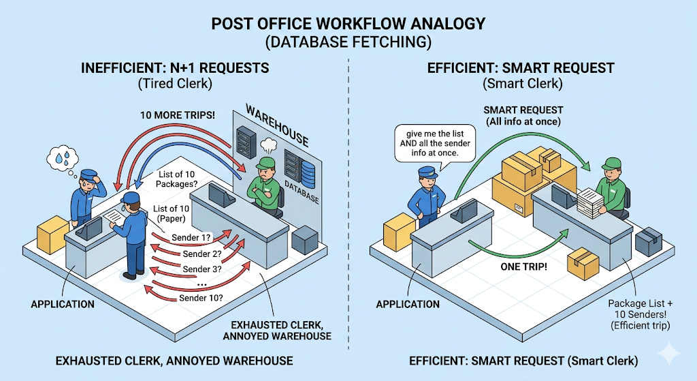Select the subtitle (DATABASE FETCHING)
pos(348,42)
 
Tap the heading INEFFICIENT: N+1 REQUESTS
pos(175,68)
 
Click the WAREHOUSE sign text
pos(276,125)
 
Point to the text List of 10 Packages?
pos(180,179)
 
